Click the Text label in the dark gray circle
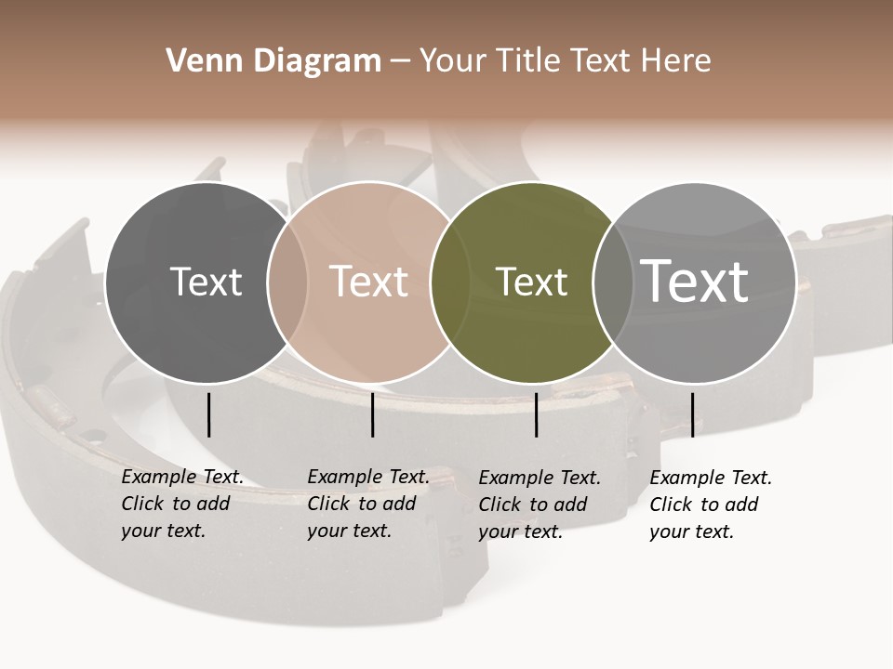206,282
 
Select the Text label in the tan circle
368,282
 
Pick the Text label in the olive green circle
531,282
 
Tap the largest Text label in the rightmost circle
695,282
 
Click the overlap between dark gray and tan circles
287,282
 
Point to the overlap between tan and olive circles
450,282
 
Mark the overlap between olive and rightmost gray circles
613,282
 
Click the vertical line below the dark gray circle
208,414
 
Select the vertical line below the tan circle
372,414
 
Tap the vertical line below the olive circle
536,414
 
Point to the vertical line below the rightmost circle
692,414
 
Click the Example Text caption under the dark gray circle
182,504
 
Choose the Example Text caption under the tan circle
368,504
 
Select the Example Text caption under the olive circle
540,505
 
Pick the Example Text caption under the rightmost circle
711,505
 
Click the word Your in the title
453,61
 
